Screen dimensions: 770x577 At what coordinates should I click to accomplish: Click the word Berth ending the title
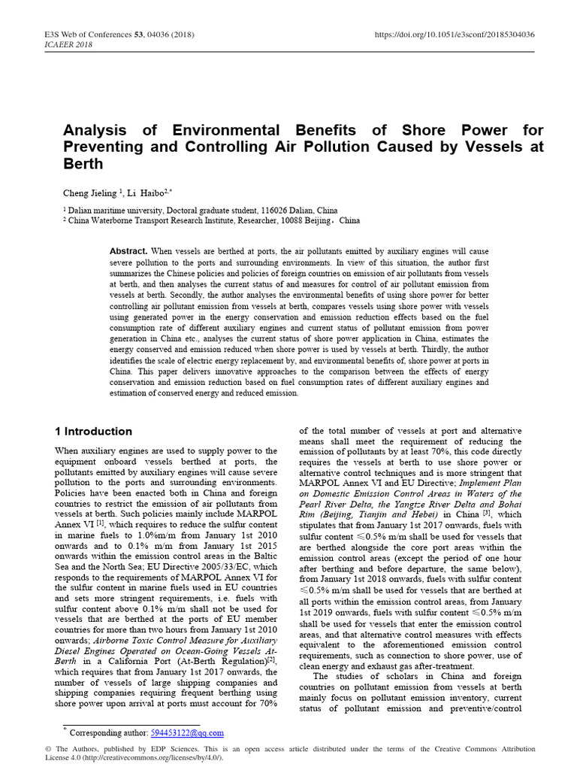(83, 163)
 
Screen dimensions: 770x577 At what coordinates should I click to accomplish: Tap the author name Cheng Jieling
(90, 192)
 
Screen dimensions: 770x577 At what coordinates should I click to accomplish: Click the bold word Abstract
(128, 250)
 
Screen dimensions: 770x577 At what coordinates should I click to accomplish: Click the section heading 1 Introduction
(94, 432)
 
